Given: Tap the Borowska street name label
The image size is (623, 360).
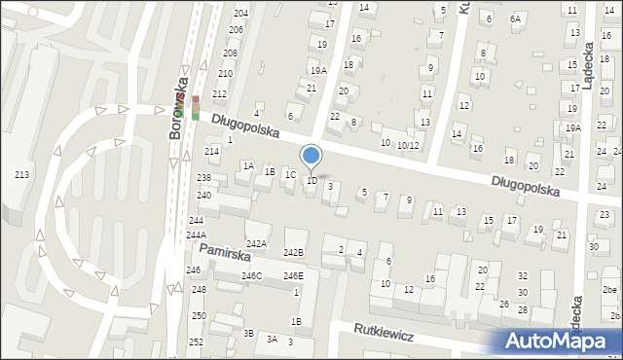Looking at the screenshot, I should tap(177, 108).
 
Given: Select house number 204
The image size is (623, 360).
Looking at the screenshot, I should tap(240, 13).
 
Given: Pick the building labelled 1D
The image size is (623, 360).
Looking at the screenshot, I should tap(311, 180).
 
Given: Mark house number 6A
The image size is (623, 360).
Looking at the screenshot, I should tap(516, 18).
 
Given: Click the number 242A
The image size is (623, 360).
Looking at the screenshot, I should tap(256, 244).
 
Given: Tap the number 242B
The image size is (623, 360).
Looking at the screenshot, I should tap(293, 253).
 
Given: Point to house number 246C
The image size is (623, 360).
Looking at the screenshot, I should tap(251, 276).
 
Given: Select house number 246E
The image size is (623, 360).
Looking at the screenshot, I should tap(293, 276).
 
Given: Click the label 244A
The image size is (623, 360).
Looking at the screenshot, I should tap(196, 235).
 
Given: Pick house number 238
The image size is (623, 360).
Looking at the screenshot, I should tap(203, 178).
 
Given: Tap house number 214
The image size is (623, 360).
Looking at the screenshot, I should tap(211, 152).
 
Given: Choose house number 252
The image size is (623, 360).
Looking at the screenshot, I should tap(197, 342).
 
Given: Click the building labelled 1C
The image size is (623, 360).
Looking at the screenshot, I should tap(290, 175).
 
